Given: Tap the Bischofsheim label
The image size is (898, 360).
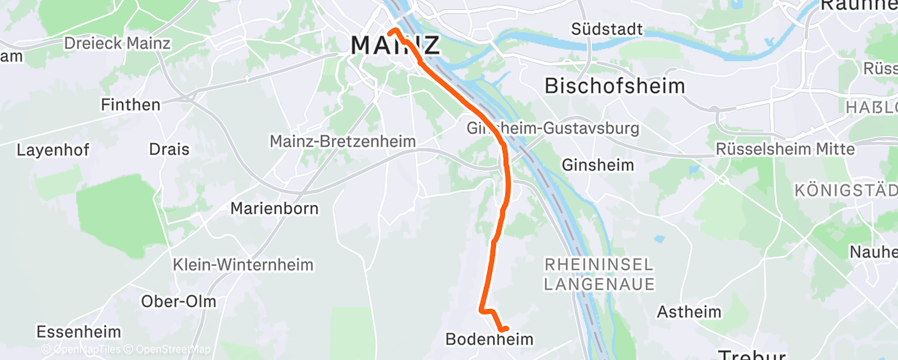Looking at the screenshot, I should [603, 85].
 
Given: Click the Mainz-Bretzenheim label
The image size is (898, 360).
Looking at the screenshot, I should [343, 142].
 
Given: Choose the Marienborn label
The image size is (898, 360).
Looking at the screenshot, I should [274, 208].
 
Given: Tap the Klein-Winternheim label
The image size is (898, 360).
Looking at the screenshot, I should [233, 266].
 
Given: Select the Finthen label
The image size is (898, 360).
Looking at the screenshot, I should [130, 105].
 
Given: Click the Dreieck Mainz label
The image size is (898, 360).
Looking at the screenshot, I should [117, 43].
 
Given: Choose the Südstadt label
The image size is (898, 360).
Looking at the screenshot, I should [607, 29].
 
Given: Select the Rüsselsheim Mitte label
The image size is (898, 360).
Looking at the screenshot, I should [784, 149].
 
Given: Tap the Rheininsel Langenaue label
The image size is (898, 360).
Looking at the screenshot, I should [599, 274].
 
